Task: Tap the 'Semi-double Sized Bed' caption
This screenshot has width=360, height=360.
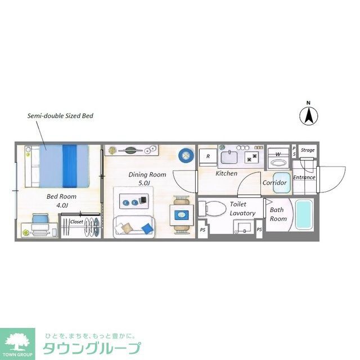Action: pyautogui.click(x=60, y=116)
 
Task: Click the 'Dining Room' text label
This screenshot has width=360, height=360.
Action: pyautogui.click(x=147, y=174)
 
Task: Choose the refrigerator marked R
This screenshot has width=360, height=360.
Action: pyautogui.click(x=208, y=156)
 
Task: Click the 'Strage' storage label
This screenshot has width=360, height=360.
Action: pyautogui.click(x=308, y=150)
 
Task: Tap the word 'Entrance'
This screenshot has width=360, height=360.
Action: pyautogui.click(x=304, y=178)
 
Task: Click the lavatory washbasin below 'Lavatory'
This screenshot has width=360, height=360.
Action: pyautogui.click(x=244, y=227)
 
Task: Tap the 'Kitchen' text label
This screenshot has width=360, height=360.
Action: pyautogui.click(x=226, y=173)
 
